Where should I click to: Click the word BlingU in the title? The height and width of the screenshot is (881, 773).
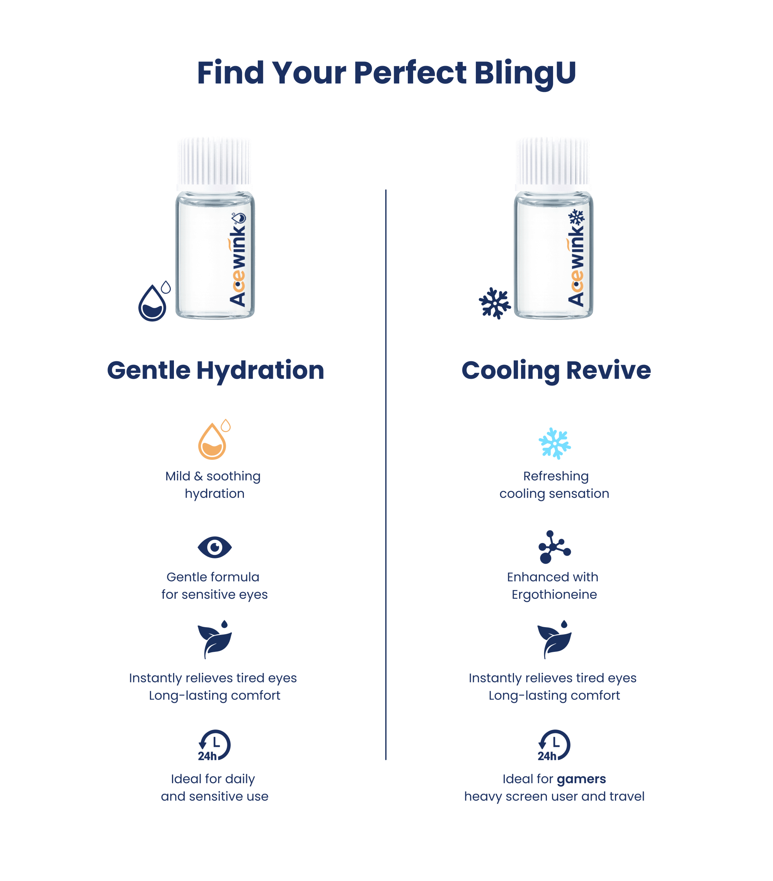pos(525,73)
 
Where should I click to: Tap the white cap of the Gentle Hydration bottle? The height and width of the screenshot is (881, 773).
pos(214,164)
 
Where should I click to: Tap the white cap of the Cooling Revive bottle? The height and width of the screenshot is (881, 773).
pos(553,164)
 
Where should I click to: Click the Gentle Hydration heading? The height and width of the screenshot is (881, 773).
pos(216,370)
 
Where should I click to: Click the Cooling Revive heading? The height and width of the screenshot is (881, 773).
pos(556,370)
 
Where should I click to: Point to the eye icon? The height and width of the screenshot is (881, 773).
pos(215,547)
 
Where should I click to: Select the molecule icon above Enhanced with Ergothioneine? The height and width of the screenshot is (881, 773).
pos(554,547)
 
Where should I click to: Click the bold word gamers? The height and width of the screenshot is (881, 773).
pos(581,779)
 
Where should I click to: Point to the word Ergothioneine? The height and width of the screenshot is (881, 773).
pos(554,595)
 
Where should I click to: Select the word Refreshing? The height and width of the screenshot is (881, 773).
pos(556,476)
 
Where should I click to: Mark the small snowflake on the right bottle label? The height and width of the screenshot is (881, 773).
pos(576,217)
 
